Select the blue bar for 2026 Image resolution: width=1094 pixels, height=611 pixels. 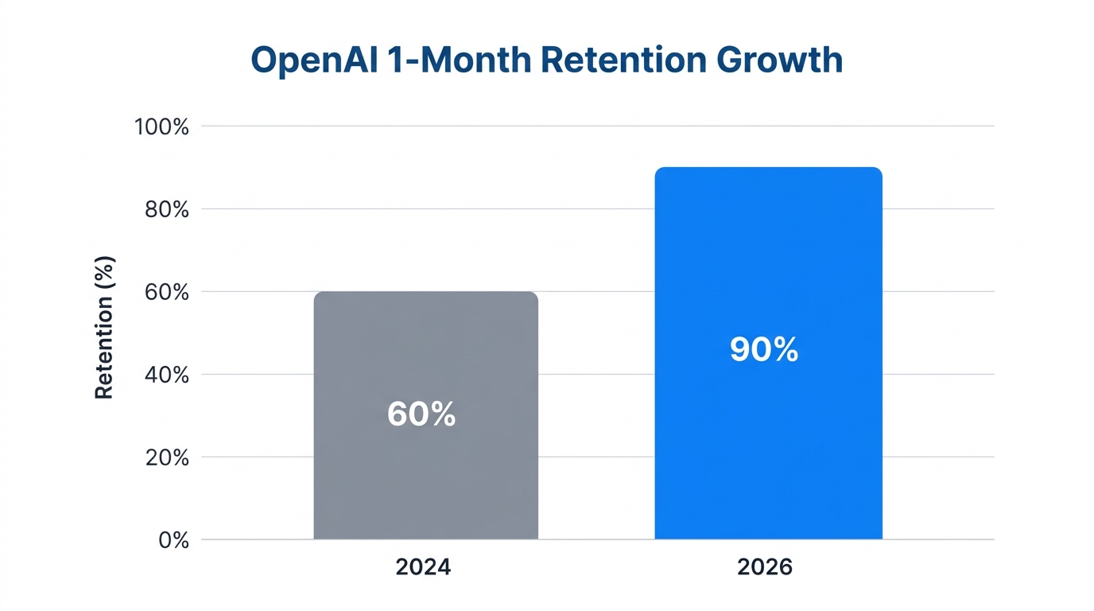pos(768,446)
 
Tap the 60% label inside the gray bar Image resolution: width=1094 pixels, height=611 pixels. pos(421,414)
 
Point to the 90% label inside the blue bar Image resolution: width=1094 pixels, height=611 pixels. pos(764,350)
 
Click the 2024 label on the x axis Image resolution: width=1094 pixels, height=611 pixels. pos(423,567)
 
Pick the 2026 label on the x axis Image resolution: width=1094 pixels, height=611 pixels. pos(765,567)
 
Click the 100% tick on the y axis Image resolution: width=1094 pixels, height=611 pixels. pos(162,126)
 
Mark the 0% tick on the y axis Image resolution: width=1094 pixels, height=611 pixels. pos(173,540)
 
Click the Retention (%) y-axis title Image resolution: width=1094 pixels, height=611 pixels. pos(105,327)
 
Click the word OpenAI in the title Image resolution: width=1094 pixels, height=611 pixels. pos(308,60)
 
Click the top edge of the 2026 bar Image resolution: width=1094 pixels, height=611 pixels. pos(768,168)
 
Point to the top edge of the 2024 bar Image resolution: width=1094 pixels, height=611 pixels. pos(425,292)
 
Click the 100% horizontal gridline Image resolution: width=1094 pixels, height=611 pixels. pos(596,126)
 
